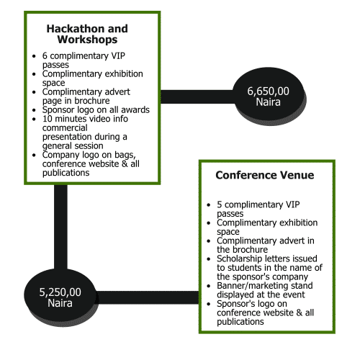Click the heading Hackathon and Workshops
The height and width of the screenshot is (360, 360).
click(x=87, y=34)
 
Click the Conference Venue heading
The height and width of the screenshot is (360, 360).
click(x=265, y=175)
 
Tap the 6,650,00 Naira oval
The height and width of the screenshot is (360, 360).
click(x=269, y=96)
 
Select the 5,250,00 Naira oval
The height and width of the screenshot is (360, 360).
click(x=60, y=297)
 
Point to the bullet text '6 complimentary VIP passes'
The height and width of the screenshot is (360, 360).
click(x=84, y=60)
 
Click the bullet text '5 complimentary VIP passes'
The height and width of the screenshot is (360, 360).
click(x=258, y=209)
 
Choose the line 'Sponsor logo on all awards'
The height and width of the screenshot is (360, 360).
click(x=96, y=109)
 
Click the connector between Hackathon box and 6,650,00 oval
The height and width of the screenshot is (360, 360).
click(x=197, y=96)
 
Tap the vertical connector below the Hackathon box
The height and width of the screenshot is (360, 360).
click(x=60, y=227)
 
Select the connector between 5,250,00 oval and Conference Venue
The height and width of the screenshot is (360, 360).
click(x=148, y=297)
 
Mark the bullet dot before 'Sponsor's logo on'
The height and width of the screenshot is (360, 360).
click(x=209, y=304)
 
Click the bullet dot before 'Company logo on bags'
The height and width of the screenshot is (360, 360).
click(x=34, y=156)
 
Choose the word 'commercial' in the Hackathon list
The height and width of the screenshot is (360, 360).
click(x=65, y=127)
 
